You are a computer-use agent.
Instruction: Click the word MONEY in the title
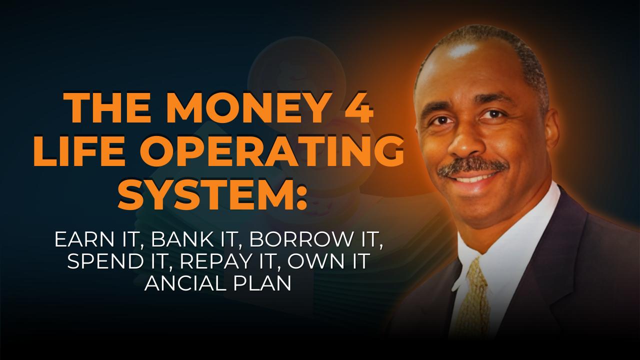point(243,108)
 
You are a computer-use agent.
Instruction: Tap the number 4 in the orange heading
point(358,108)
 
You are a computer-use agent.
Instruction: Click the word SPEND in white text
point(105,261)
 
